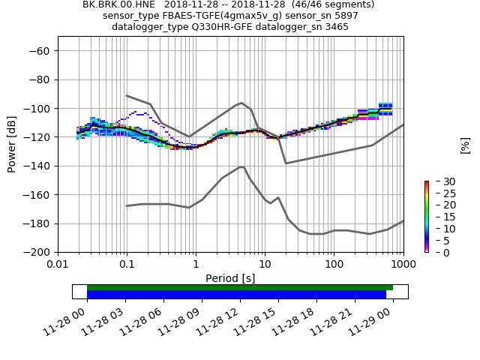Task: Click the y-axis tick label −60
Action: coord(39,51)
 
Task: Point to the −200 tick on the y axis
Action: coord(36,252)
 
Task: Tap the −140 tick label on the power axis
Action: coord(36,166)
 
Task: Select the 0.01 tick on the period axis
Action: coord(58,265)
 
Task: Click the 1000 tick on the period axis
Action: coord(403,265)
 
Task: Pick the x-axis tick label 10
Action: coord(265,265)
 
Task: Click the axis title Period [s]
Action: coord(230,278)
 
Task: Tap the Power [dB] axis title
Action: coord(12,144)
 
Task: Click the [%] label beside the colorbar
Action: coord(465,145)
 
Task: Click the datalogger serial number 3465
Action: coord(334,27)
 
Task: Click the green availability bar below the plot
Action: coord(240,287)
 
